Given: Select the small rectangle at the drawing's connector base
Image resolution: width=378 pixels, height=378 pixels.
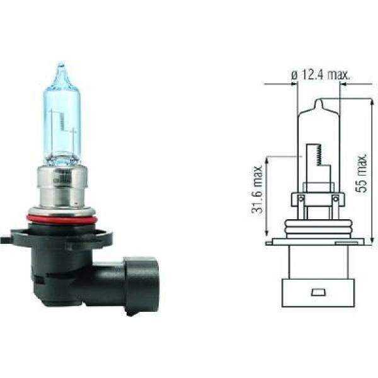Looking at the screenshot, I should [317, 292].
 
